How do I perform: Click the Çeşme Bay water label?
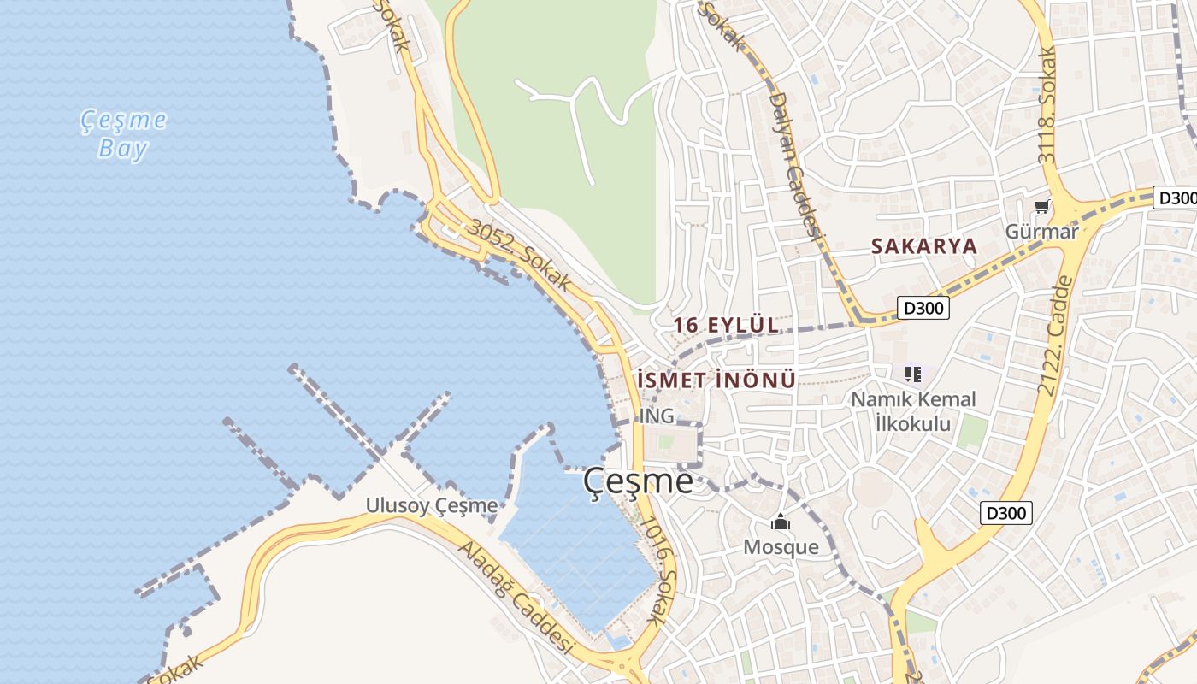[x=124, y=134]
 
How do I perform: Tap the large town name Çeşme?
[x=638, y=481]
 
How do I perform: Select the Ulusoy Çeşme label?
[x=432, y=505]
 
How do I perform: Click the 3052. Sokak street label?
[x=518, y=256]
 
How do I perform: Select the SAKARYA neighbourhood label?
[x=923, y=246]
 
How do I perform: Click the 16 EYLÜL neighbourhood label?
[x=726, y=325]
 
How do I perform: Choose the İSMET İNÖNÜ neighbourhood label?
[x=716, y=380]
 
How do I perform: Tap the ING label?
[x=657, y=416]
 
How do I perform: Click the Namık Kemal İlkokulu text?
[x=912, y=411]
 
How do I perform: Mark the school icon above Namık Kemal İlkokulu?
[x=913, y=374]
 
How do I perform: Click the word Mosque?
[x=781, y=547]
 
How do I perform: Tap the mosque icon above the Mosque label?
[x=780, y=522]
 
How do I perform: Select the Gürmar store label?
[x=1041, y=231]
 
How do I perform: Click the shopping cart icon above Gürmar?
[x=1041, y=206]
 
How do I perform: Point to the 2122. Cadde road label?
[x=1055, y=334]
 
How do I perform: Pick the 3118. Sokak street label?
[x=1047, y=105]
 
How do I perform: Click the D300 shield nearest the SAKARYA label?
[x=923, y=307]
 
